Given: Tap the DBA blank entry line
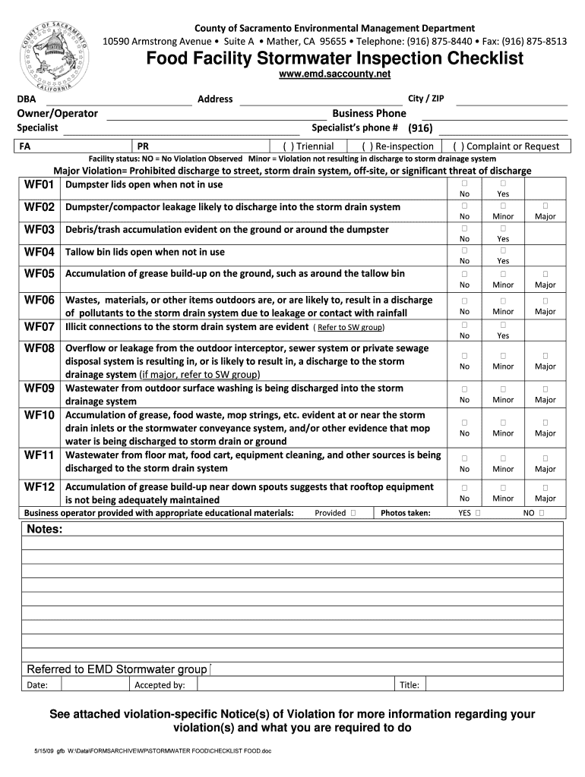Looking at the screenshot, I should click(118, 100).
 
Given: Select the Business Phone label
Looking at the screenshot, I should click(369, 114).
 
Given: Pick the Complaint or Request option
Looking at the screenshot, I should click(505, 146).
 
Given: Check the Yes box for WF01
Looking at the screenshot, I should click(503, 184).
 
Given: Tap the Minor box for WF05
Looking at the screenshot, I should click(503, 274).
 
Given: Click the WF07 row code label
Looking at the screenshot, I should click(40, 327).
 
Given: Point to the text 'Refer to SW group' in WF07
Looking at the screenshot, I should click(350, 328).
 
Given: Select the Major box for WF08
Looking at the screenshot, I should click(545, 355).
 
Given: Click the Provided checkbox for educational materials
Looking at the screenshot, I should click(354, 514).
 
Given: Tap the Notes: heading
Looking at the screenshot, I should click(45, 529).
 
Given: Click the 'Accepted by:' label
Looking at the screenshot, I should click(160, 685).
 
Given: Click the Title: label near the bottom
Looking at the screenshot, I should click(409, 685).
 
